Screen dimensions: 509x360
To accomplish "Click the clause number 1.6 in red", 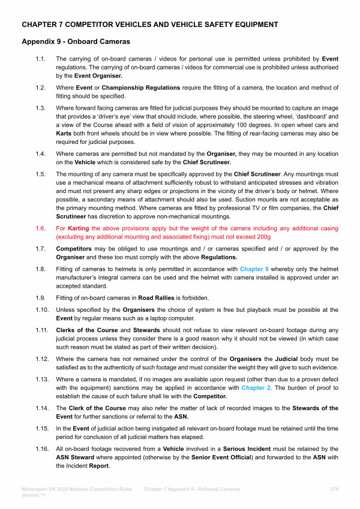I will point(40,228).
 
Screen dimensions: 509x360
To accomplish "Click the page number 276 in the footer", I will point(335,489).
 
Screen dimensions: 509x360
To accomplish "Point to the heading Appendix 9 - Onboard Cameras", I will point(76,42).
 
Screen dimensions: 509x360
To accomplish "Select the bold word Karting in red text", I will point(79,228).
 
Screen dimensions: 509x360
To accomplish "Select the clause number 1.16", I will point(41,449).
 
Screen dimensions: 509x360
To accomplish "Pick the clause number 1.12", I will point(41,359).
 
